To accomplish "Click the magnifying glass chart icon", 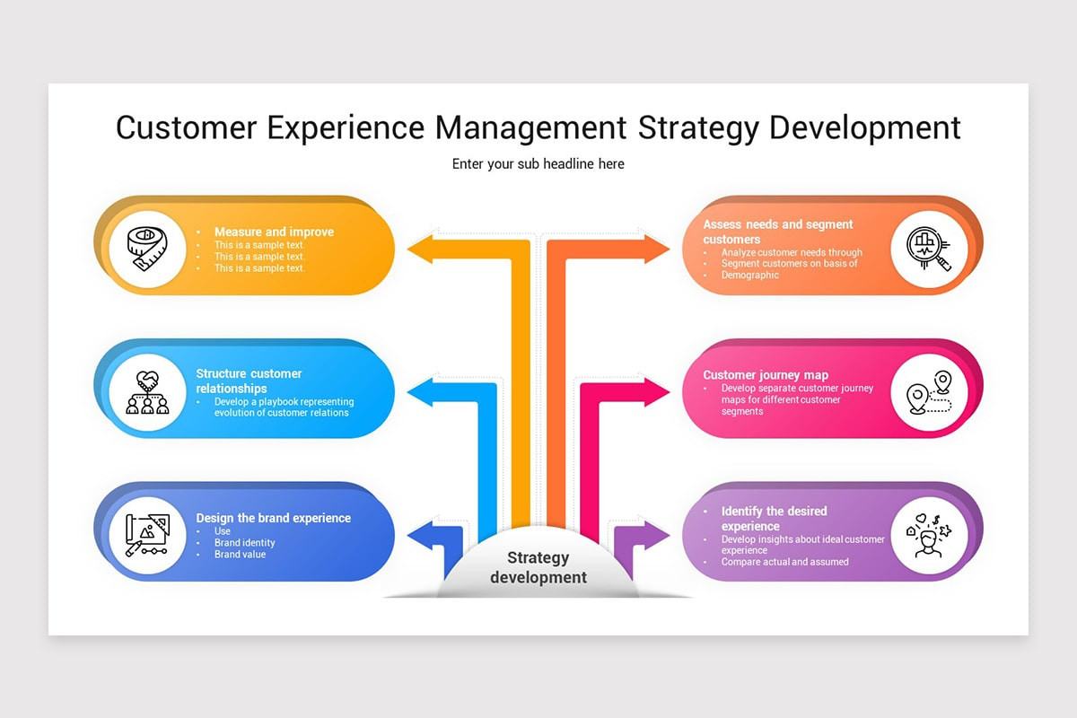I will click(929, 250).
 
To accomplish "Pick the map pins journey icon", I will click(929, 393).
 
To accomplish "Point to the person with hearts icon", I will click(929, 536).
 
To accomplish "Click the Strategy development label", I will click(538, 567).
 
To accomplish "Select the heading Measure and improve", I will click(274, 232).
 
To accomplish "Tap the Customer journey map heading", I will click(766, 375).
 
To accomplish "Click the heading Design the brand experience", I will click(274, 518).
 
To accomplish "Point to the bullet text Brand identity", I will click(245, 543).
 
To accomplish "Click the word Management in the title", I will click(531, 127).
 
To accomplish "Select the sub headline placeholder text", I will click(538, 164).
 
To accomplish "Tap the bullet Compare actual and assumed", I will click(785, 562).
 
